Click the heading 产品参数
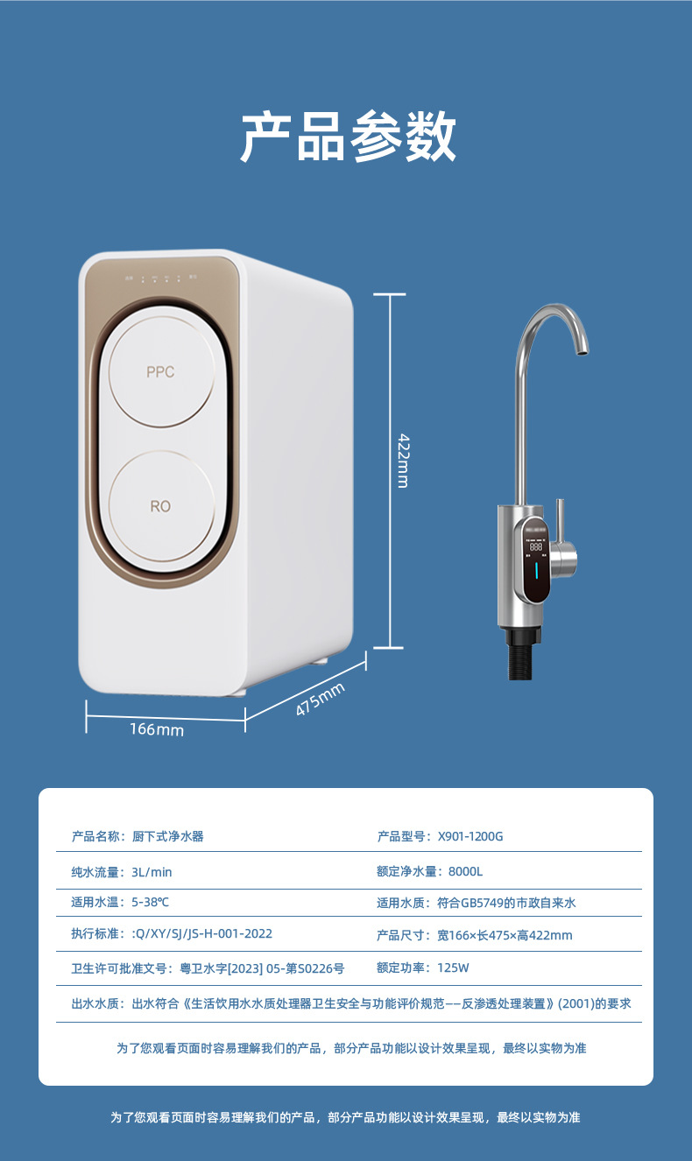click(348, 137)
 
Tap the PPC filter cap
click(160, 371)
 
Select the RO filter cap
click(160, 505)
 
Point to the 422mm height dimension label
click(402, 461)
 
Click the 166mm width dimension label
click(157, 729)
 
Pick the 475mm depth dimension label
click(320, 699)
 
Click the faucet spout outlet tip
click(578, 351)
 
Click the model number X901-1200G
click(470, 836)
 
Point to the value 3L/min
click(152, 871)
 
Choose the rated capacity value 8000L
click(465, 871)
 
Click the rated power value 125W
click(453, 967)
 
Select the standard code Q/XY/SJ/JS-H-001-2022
click(202, 934)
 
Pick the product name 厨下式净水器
click(167, 836)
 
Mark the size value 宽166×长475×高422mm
click(505, 935)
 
